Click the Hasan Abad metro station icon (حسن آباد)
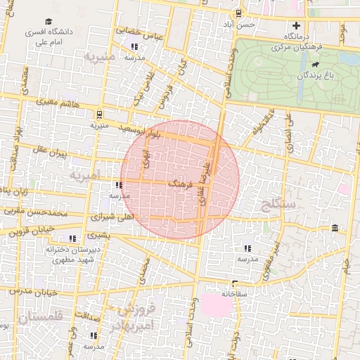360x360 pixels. pos(239,13)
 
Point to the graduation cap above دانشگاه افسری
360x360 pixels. pos(49,22)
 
